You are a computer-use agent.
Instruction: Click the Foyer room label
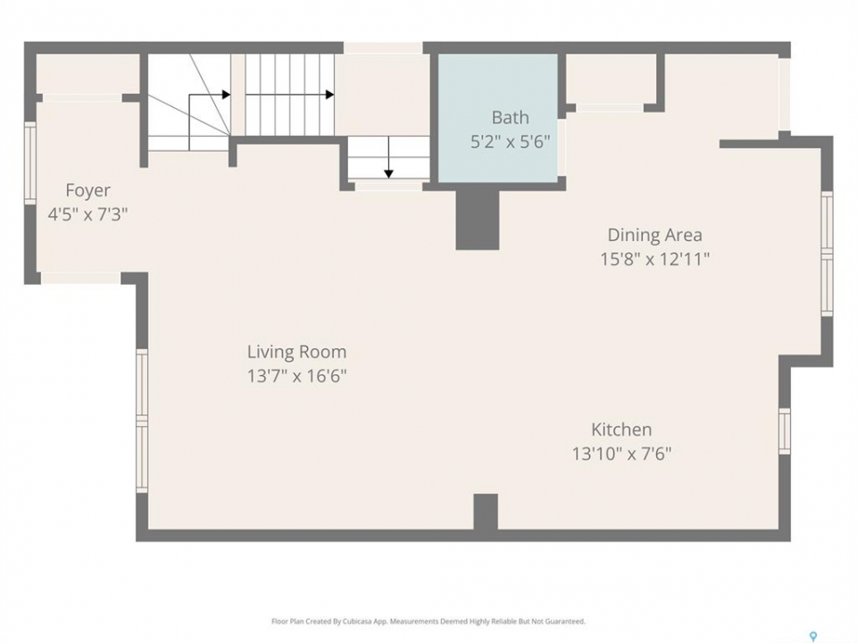tap(87, 191)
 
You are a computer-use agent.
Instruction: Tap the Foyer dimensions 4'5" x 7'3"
tap(87, 213)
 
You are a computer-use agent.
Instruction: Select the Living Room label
tap(296, 352)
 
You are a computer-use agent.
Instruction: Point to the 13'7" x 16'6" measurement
tap(296, 376)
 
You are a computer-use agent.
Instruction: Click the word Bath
tap(510, 118)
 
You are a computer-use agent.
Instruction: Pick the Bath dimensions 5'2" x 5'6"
tap(510, 142)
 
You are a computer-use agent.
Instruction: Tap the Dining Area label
tap(654, 235)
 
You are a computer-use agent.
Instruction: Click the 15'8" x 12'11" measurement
tap(654, 259)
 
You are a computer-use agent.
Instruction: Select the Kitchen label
tap(621, 430)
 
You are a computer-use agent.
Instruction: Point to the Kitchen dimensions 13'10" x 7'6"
tap(621, 454)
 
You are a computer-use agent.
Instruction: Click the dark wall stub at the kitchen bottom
tap(486, 512)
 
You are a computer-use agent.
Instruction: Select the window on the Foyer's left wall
tap(30, 163)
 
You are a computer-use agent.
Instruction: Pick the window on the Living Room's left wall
tap(142, 421)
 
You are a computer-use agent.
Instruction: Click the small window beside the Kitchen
tap(785, 430)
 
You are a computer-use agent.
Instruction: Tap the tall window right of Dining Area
tap(827, 254)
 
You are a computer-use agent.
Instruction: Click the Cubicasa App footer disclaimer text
tap(428, 622)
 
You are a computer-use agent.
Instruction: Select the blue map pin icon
tap(813, 636)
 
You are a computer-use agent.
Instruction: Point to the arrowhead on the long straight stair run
tap(330, 95)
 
